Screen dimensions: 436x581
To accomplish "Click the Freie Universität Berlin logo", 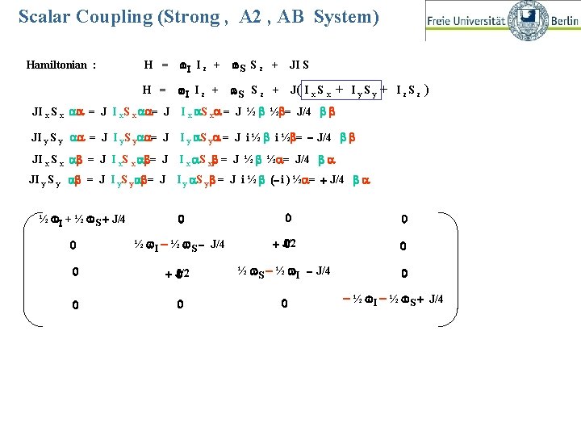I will (x=502, y=19).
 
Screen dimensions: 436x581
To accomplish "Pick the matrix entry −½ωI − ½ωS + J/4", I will (x=395, y=301).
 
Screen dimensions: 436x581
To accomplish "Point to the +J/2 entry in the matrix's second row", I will (x=286, y=244).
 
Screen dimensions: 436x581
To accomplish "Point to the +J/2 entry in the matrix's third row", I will (x=178, y=275).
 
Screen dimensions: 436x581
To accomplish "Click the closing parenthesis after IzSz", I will (x=426, y=90).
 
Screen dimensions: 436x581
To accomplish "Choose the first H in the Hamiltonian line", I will (x=148, y=65).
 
